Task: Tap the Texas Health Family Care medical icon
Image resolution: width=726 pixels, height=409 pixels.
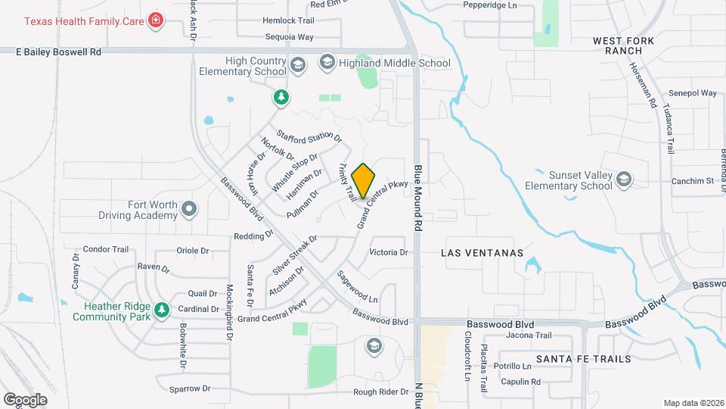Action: (157, 20)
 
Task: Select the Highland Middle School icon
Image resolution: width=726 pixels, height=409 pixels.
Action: (327, 62)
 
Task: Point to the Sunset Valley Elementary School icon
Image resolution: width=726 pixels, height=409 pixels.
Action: (623, 179)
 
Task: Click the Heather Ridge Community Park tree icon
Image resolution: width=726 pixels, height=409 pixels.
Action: (161, 310)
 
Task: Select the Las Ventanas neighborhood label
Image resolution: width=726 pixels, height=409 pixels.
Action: (482, 253)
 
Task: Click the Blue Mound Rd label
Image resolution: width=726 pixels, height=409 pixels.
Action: (417, 198)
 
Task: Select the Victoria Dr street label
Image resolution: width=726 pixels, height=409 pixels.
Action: (388, 252)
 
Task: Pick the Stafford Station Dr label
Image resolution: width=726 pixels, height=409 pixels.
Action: (309, 137)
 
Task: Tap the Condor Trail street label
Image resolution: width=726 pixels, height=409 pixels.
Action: (106, 249)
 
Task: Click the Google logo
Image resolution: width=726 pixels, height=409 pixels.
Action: (25, 400)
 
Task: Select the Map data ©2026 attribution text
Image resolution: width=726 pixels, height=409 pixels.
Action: (693, 403)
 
